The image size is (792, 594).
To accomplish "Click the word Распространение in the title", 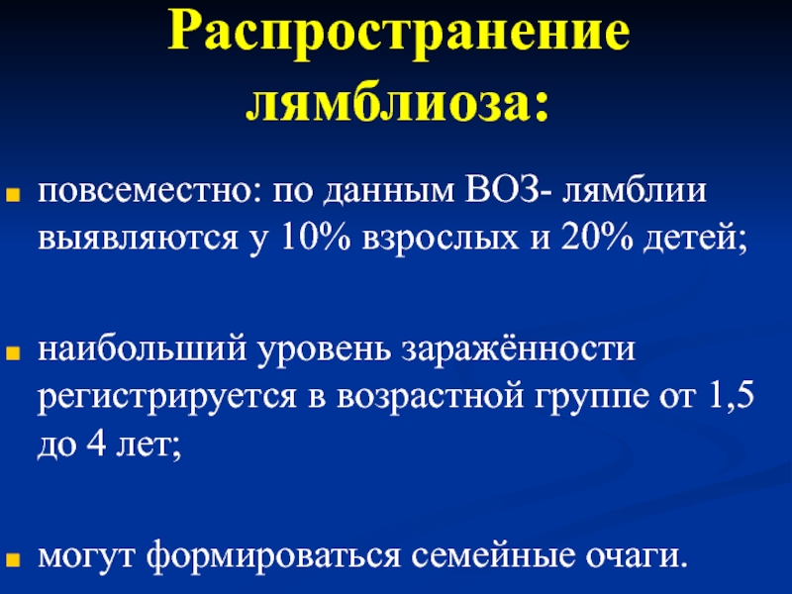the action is coord(399,33).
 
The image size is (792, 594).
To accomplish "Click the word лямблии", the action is coord(634,191).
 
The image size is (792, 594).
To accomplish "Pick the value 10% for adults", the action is coord(315,237).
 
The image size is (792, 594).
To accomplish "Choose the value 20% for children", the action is coord(596,237).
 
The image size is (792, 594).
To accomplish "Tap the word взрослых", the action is coord(441,240).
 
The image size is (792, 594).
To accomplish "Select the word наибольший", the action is coord(143,348).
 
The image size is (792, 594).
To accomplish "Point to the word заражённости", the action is coord(518,348).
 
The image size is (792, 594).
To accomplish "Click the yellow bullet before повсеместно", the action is coord(13,195).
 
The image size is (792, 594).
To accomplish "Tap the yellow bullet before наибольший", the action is coord(13,353).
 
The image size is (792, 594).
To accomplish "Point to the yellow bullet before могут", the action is coord(13,559).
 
